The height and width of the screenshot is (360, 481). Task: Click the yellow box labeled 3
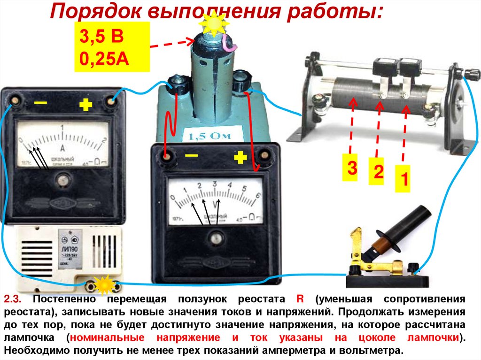pos(350,167)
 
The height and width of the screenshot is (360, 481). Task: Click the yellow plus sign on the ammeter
pos(85,105)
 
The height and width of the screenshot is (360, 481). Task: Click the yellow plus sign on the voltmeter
pos(240,157)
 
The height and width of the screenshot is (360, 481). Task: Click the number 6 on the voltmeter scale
pos(258,195)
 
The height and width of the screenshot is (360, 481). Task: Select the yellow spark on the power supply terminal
pos(103,284)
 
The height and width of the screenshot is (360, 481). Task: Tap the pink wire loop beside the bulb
pos(229,42)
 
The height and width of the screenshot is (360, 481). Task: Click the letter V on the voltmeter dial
pos(216,205)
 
